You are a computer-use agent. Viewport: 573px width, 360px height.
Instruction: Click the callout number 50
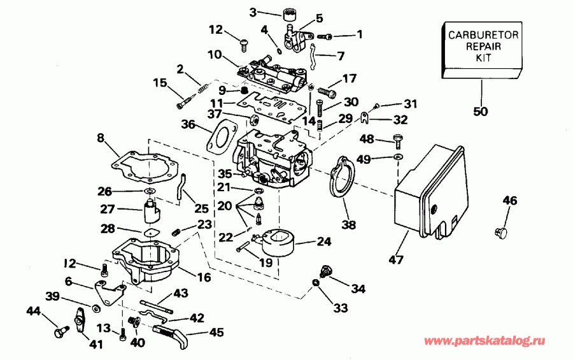[x=481, y=112]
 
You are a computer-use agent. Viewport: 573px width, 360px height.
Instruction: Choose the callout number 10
[x=215, y=55]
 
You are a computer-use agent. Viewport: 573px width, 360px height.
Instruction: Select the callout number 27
[x=107, y=208]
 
